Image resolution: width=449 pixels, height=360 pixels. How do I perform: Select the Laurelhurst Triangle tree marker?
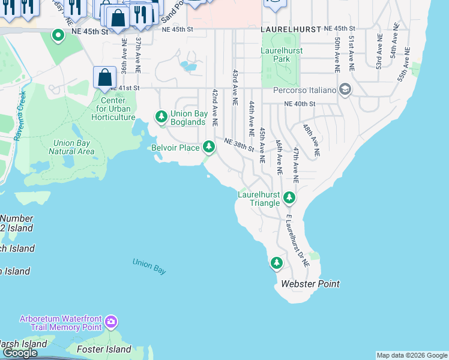(289, 197)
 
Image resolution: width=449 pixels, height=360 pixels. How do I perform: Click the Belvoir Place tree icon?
(208, 146)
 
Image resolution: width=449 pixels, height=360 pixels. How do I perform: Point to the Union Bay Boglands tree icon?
(161, 115)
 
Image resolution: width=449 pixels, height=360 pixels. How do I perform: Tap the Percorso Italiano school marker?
(345, 90)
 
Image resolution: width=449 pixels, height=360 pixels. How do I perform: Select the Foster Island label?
(104, 349)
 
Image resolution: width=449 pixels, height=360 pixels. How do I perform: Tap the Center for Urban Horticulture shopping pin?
(105, 77)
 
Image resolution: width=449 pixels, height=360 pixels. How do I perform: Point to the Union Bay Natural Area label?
(71, 147)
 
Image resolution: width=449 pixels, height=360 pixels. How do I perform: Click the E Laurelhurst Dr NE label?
(298, 240)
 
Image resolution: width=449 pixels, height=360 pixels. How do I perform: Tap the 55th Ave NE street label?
(403, 64)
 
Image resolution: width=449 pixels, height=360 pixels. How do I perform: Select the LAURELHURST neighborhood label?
(289, 29)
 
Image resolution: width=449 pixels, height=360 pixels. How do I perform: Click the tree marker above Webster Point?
(276, 263)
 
